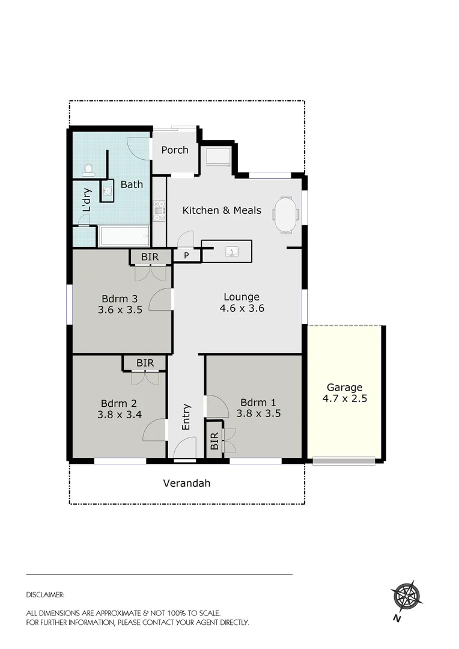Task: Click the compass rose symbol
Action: click(407, 597)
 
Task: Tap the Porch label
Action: click(175, 150)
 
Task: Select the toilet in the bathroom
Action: click(89, 170)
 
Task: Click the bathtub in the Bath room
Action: click(124, 236)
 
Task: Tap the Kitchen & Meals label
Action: click(222, 210)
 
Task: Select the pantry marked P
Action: click(186, 255)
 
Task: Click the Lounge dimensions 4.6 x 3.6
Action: click(242, 309)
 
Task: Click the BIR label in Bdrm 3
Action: click(150, 257)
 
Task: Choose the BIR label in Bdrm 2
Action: click(145, 363)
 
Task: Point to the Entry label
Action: click(186, 416)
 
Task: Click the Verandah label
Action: click(187, 483)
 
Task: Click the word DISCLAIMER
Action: click(45, 595)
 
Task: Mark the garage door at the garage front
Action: click(344, 461)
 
